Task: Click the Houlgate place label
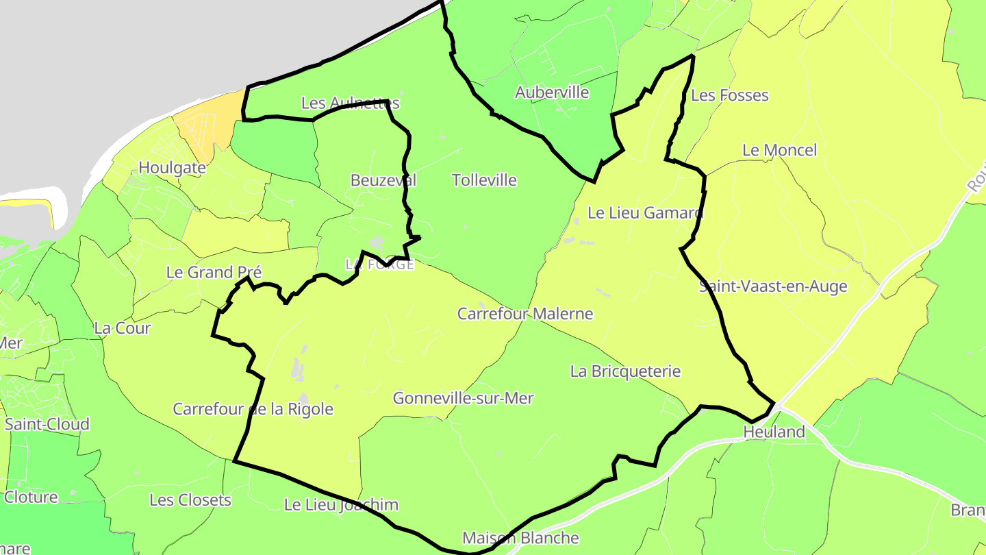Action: point(172,168)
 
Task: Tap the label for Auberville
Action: point(552,92)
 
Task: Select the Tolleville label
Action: point(484,180)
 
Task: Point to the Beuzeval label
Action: point(383,180)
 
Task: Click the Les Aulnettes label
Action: point(350,103)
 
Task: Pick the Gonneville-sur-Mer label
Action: point(463,398)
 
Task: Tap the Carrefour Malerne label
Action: point(525,314)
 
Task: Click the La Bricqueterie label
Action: point(625,371)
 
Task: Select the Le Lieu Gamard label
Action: point(645,213)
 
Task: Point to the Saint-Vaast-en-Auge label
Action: point(773,286)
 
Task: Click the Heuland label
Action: point(774,432)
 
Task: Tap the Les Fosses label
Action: point(730,95)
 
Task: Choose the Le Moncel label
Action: point(779,150)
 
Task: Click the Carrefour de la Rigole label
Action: point(253,409)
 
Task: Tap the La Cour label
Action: point(123,328)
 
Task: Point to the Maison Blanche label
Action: point(520,538)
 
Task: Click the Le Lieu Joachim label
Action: point(341,505)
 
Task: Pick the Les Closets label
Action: point(190,500)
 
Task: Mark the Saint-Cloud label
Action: point(47,424)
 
